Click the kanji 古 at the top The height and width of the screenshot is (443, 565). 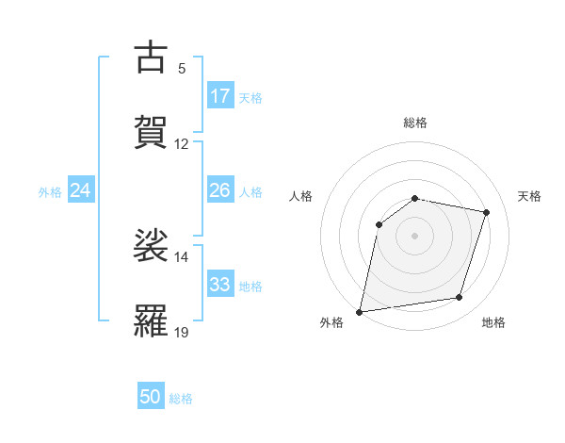[x=151, y=57]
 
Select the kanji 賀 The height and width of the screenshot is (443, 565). [x=151, y=133]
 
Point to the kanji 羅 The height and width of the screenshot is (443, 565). [x=151, y=320]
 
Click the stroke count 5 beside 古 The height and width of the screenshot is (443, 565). [x=181, y=69]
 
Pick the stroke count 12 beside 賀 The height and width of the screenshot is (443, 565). [x=182, y=144]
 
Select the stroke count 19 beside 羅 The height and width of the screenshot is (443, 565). [x=182, y=332]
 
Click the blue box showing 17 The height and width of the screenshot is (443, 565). [x=220, y=96]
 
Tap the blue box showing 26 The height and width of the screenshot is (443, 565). [x=220, y=190]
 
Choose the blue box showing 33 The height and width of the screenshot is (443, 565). [x=220, y=285]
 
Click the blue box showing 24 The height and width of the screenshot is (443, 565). [x=81, y=190]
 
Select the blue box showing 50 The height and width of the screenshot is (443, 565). [x=151, y=397]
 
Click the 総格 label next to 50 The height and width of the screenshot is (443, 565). [x=181, y=399]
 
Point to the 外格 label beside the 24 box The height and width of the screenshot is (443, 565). [x=50, y=192]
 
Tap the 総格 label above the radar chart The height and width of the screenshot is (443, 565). [x=415, y=123]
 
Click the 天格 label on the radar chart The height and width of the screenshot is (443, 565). [x=529, y=196]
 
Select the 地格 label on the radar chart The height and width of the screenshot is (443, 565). [x=493, y=322]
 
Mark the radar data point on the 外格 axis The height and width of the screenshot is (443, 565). [x=360, y=311]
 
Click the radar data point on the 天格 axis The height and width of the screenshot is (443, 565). [x=487, y=212]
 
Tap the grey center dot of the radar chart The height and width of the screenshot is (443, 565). [x=415, y=235]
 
